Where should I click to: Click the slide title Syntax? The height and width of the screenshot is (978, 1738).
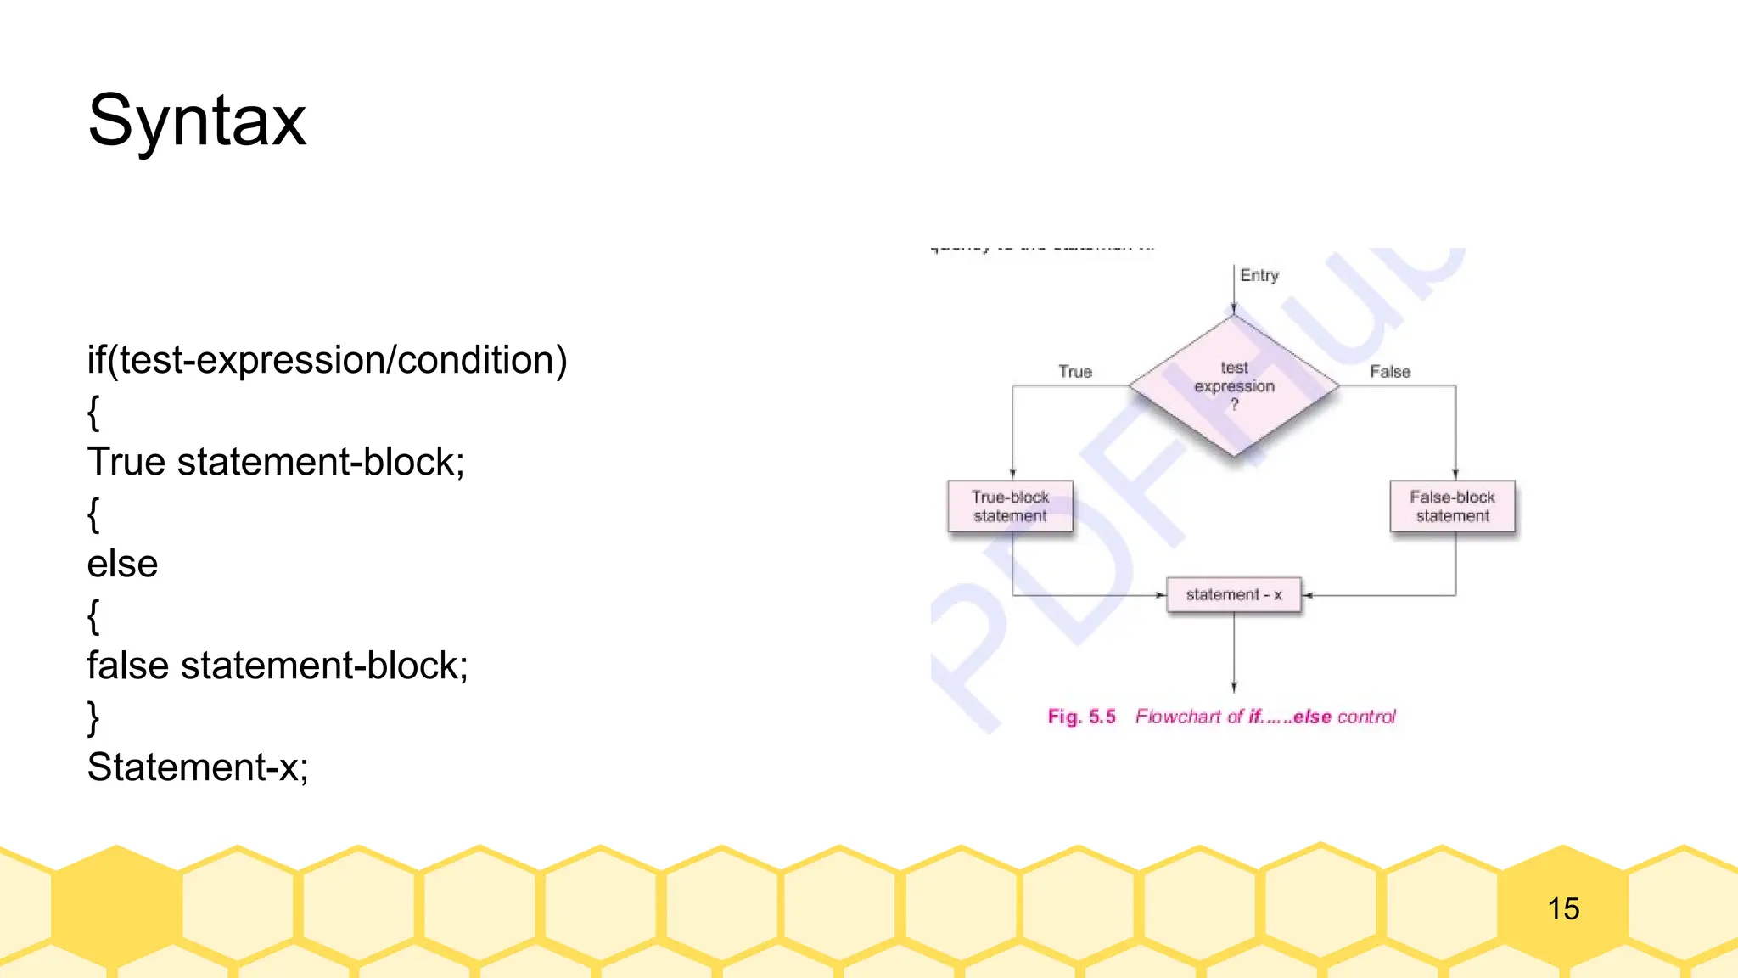pyautogui.click(x=197, y=121)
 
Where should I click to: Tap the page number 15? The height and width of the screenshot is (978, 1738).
pyautogui.click(x=1563, y=909)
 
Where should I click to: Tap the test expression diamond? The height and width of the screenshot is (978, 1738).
pyautogui.click(x=1234, y=385)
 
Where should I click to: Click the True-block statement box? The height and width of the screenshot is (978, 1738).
pyautogui.click(x=1010, y=507)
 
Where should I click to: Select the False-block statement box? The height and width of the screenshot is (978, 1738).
pyautogui.click(x=1452, y=507)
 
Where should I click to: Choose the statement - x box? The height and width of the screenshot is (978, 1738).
pyautogui.click(x=1234, y=595)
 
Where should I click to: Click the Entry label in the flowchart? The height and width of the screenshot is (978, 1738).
pyautogui.click(x=1259, y=275)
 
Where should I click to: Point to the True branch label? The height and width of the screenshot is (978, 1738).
pyautogui.click(x=1075, y=372)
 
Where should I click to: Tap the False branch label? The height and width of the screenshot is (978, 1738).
pyautogui.click(x=1390, y=372)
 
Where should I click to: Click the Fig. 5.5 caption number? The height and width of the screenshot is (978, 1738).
pyautogui.click(x=1082, y=717)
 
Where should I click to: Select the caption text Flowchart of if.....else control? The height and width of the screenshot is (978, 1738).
pyautogui.click(x=1265, y=717)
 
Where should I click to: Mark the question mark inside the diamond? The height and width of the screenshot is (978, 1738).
pyautogui.click(x=1235, y=405)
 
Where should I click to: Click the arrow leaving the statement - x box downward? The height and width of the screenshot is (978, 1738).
pyautogui.click(x=1234, y=654)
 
